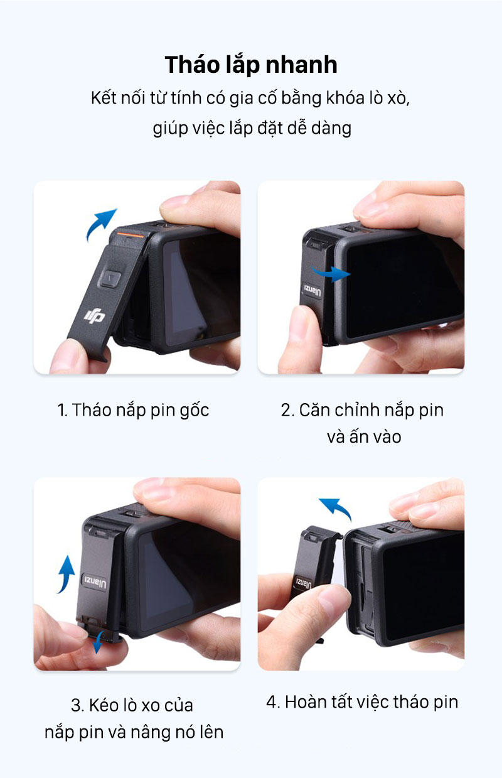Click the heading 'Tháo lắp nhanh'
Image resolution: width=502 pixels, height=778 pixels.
click(x=250, y=65)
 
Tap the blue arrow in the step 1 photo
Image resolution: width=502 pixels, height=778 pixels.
click(x=101, y=224)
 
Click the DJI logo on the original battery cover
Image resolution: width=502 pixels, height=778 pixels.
click(x=94, y=316)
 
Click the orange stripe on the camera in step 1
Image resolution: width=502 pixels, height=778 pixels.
click(x=130, y=235)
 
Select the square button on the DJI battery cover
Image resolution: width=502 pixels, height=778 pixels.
click(x=110, y=278)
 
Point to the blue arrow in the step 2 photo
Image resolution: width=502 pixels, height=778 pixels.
click(x=331, y=273)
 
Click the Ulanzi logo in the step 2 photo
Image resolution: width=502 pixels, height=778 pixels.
click(x=312, y=290)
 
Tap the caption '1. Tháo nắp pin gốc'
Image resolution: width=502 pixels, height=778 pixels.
click(x=133, y=411)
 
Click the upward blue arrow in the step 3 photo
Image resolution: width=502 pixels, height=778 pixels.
click(x=66, y=574)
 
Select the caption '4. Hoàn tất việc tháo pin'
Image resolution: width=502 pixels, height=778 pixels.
click(x=362, y=701)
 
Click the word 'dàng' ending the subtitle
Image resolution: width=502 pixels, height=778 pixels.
click(x=331, y=129)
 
